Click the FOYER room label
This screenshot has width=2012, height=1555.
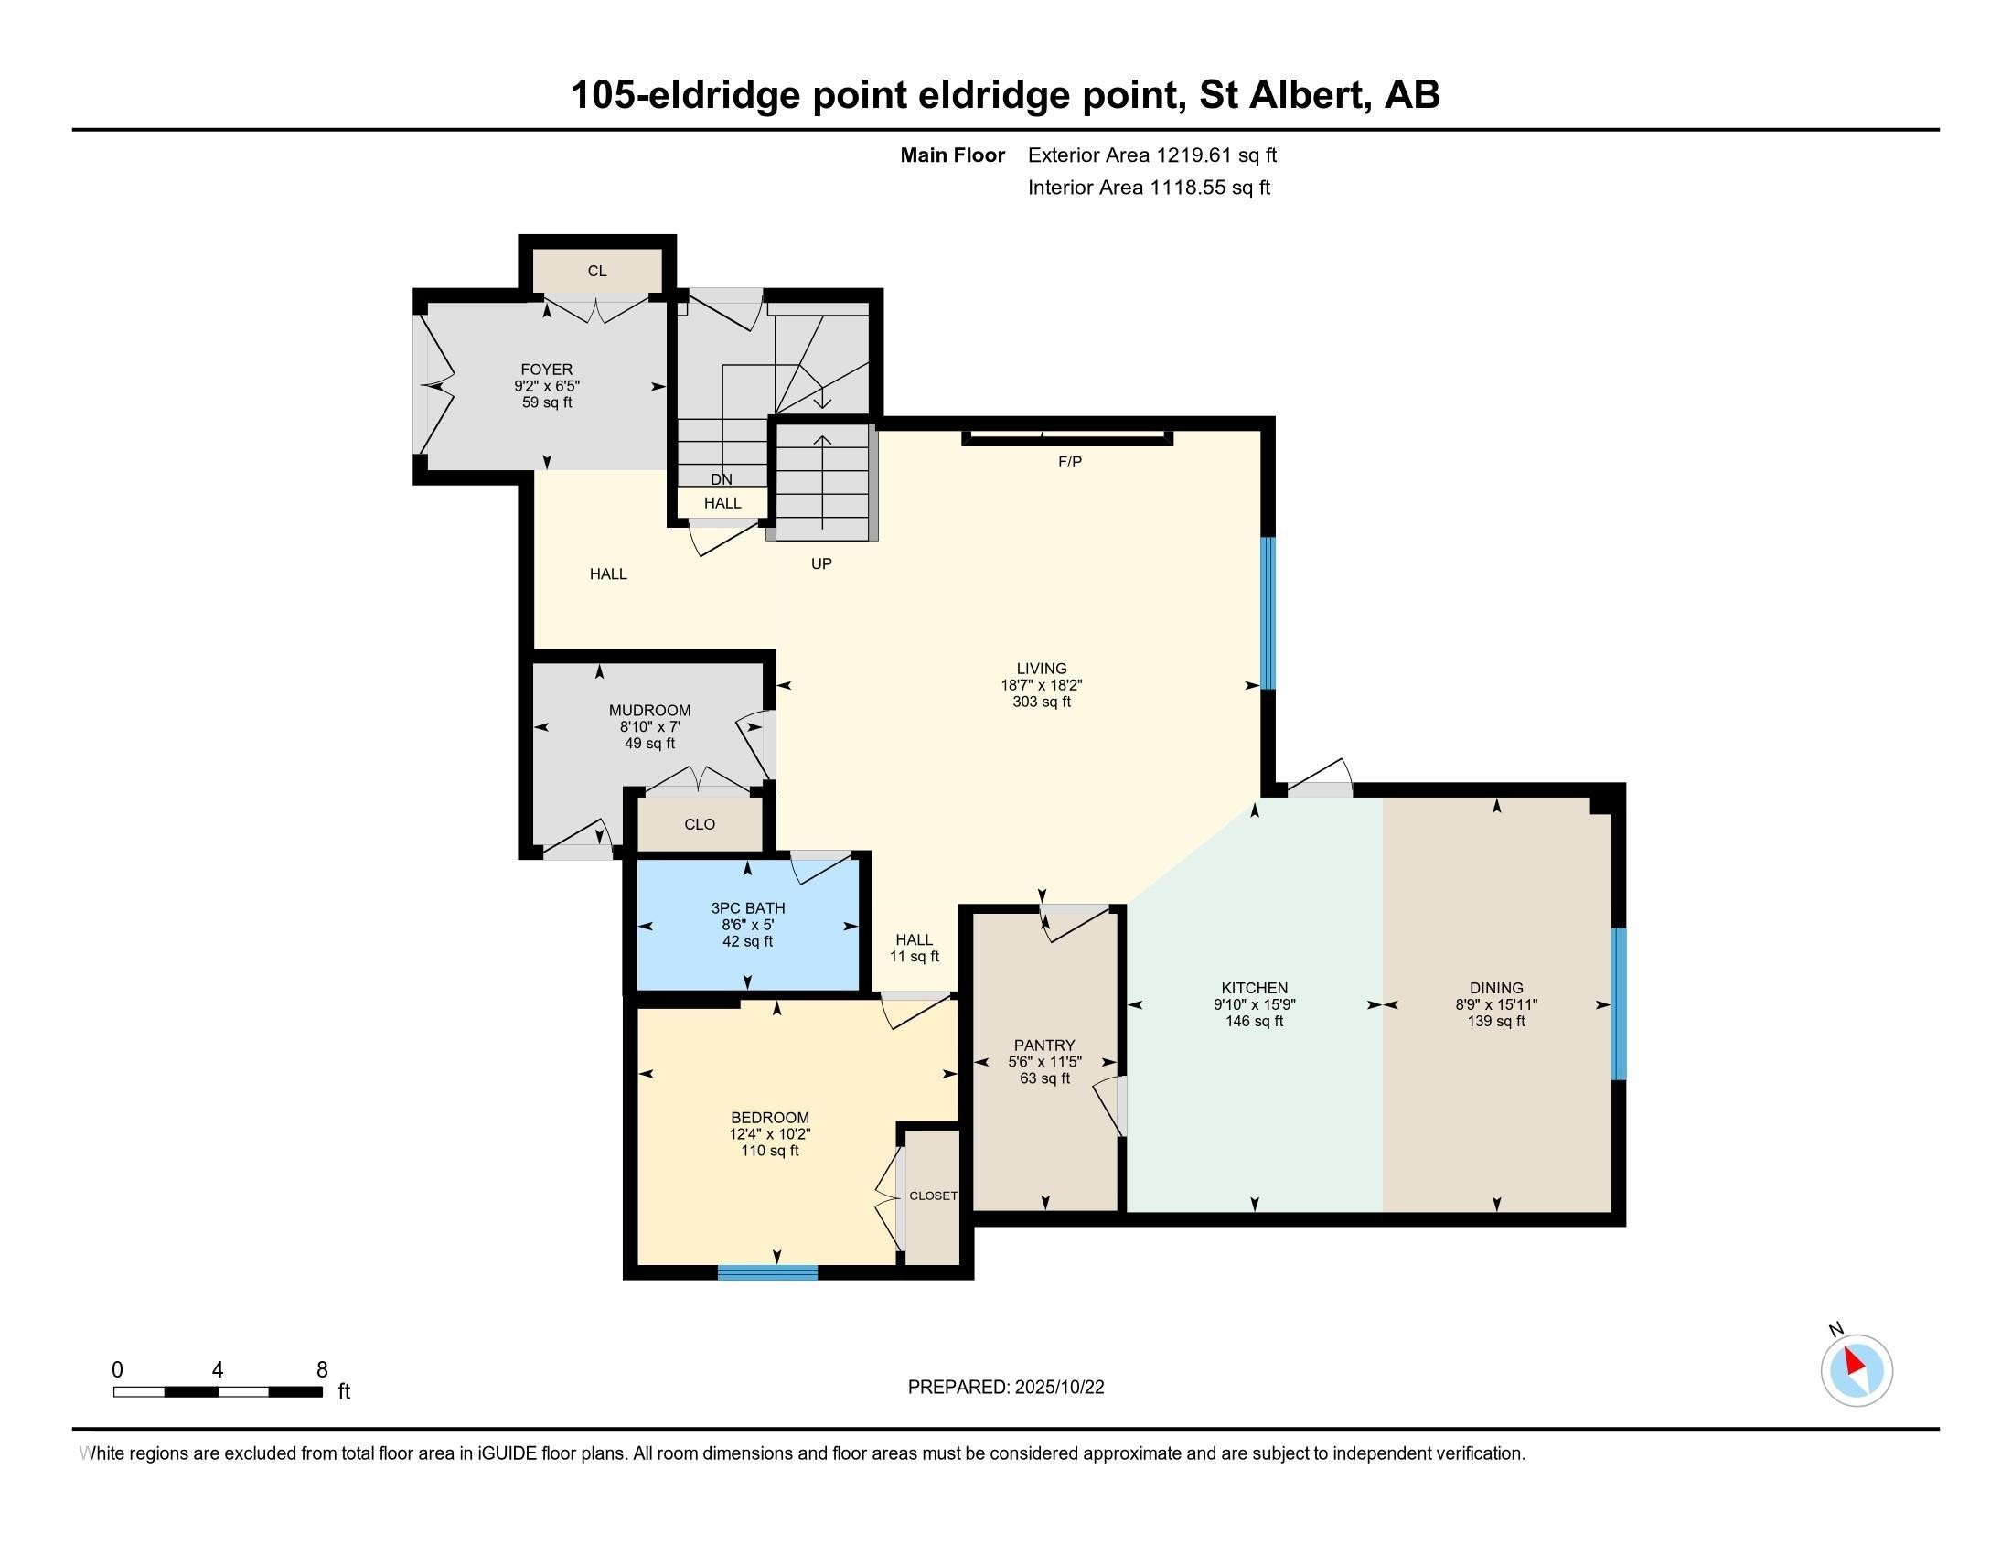point(546,370)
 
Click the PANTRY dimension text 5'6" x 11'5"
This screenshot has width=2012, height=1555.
point(1043,1061)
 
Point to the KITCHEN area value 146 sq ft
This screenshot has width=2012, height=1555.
point(1254,1021)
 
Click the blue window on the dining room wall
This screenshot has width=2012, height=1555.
point(1618,1003)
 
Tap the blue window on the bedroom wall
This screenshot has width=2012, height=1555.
point(767,1272)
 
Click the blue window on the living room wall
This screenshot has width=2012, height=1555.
point(1268,613)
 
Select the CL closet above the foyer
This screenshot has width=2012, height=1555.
point(597,271)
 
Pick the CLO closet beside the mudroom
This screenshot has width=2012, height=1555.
point(700,824)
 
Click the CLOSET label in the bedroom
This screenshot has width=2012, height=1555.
point(932,1196)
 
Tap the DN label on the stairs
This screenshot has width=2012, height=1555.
point(722,479)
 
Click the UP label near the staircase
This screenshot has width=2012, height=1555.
point(821,563)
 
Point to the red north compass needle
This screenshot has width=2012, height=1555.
point(1854,1362)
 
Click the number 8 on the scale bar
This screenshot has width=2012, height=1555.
point(322,1370)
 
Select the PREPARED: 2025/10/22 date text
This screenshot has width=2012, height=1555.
point(1005,1388)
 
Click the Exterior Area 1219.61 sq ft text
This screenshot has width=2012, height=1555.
point(1151,155)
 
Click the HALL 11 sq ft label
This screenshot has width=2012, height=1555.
point(914,948)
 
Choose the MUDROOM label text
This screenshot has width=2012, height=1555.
point(649,710)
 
